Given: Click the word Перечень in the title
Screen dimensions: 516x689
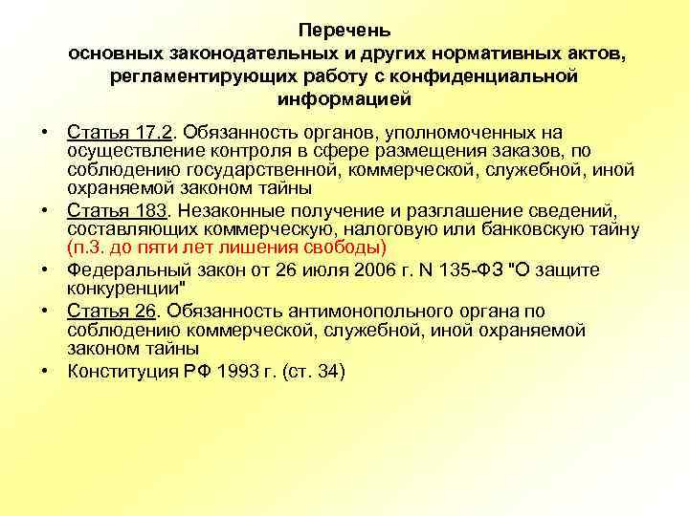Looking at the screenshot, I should [x=344, y=32].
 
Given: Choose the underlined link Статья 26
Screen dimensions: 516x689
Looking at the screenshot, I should [x=104, y=311].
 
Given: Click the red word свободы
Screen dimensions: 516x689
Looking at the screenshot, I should [x=349, y=247].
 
